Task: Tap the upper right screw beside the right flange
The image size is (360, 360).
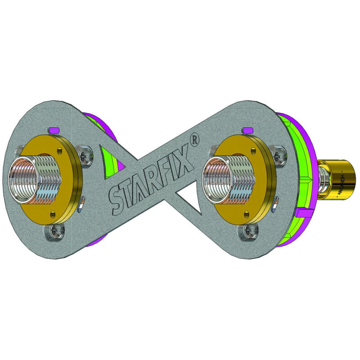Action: [x=278, y=154]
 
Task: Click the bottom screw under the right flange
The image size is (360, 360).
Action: [x=248, y=231]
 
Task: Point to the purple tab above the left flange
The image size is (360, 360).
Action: [x=55, y=130]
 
